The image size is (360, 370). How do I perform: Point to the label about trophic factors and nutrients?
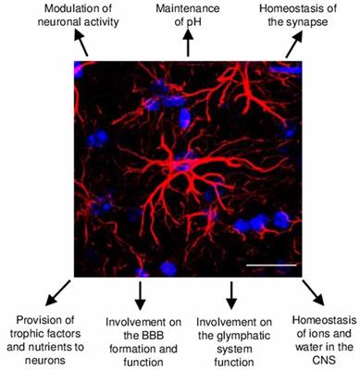[x=47, y=327]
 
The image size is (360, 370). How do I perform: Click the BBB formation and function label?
[x=140, y=327]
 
